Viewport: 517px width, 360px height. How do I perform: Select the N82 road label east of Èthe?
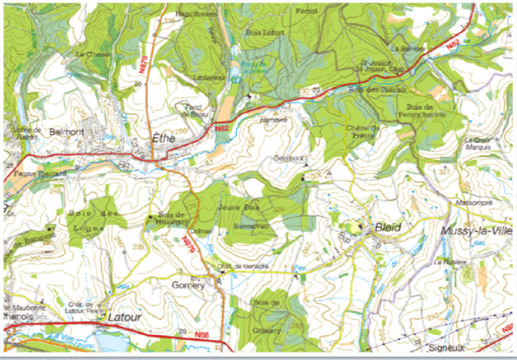(221, 128)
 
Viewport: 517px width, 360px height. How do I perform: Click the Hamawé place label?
(274, 118)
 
